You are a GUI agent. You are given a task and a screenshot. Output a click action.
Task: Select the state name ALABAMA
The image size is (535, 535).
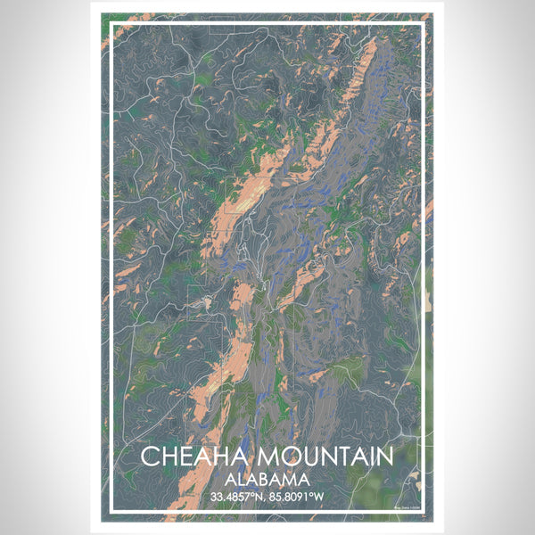pos(267,478)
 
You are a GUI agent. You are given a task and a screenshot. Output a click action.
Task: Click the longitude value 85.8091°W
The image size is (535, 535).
pos(300,495)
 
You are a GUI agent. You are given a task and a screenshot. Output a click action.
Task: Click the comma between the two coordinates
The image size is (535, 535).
pos(267,498)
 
